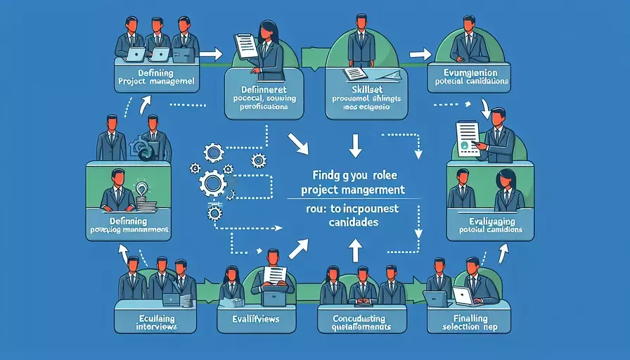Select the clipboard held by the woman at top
point(246,46)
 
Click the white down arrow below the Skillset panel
point(355,146)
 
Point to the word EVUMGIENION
point(465,72)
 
